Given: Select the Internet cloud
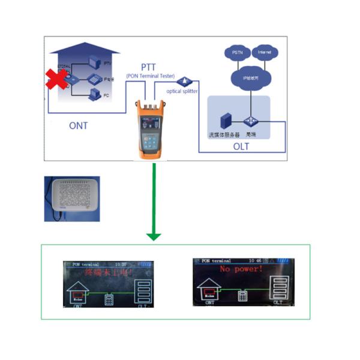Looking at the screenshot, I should [264, 53].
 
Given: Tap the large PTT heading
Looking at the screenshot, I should [149, 65].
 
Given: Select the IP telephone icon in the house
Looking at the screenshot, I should [94, 78].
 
